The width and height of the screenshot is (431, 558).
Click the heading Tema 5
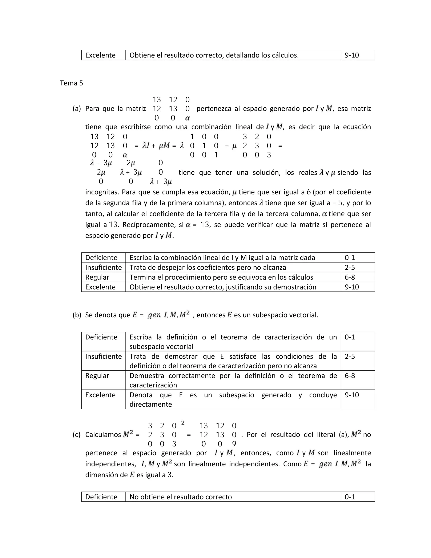click(71, 83)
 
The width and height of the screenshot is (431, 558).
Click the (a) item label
click(77, 109)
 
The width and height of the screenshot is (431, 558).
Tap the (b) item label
click(77, 315)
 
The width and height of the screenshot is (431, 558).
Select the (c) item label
click(76, 435)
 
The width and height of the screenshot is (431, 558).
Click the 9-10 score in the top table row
click(352, 55)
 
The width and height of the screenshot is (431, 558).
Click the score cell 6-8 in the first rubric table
click(350, 277)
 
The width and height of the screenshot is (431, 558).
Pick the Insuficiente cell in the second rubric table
click(103, 356)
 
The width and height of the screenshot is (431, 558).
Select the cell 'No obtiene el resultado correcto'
click(181, 497)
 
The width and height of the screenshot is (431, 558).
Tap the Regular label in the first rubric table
click(97, 277)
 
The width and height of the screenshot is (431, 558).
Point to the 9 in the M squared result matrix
click(234, 444)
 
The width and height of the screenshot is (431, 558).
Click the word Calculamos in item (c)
click(103, 435)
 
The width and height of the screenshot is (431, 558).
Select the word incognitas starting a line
click(101, 192)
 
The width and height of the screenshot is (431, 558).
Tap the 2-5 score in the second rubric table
click(350, 356)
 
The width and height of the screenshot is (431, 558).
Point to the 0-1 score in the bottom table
click(350, 497)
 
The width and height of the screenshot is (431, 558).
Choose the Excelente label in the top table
click(100, 55)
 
